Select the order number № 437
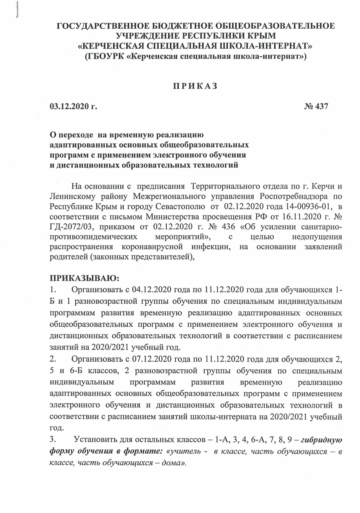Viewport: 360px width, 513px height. click(315, 106)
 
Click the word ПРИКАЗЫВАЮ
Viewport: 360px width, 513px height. click(84, 278)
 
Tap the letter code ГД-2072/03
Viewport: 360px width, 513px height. click(71, 227)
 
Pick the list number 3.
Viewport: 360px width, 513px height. click(53, 440)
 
